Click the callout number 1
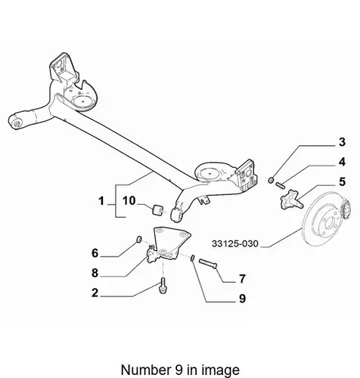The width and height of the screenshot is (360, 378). [x=101, y=201]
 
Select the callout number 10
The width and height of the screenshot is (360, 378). [x=129, y=201]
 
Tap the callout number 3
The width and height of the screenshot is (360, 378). [x=342, y=142]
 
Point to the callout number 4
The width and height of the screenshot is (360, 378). [x=342, y=162]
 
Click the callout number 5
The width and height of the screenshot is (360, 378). [x=342, y=181]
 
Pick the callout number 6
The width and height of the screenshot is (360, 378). [x=95, y=253]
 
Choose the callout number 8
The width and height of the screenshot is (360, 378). [x=95, y=273]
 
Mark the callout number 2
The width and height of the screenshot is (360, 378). [x=95, y=293]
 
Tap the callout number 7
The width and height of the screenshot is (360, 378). [x=242, y=279]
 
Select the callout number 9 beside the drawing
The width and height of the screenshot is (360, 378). [x=242, y=299]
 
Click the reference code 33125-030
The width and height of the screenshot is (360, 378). [x=235, y=243]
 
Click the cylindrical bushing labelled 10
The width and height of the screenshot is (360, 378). [x=158, y=210]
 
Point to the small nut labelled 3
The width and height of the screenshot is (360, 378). [x=271, y=180]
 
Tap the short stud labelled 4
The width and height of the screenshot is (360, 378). [x=281, y=185]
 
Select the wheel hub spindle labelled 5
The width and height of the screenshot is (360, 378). [x=291, y=200]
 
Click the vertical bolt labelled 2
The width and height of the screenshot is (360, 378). [x=163, y=285]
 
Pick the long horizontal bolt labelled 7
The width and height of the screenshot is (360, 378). [x=208, y=264]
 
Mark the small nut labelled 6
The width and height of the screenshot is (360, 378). [x=139, y=239]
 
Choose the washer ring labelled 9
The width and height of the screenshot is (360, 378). [x=193, y=258]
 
